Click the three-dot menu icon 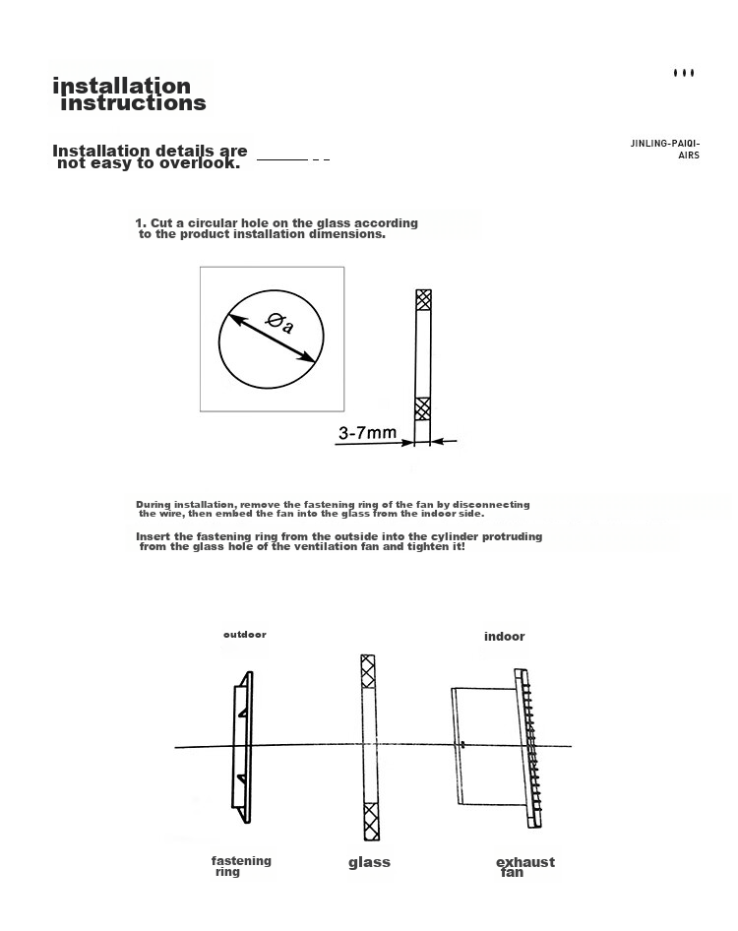[x=684, y=73]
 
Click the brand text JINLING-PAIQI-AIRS [x=665, y=149]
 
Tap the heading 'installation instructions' [x=130, y=94]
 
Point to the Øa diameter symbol [x=279, y=323]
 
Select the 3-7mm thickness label [x=367, y=432]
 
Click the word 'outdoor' [x=245, y=634]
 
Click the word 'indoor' [x=504, y=637]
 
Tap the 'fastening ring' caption [x=241, y=866]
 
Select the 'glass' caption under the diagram [x=369, y=862]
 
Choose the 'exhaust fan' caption [x=525, y=866]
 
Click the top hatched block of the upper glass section [x=423, y=300]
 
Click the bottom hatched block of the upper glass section [x=423, y=408]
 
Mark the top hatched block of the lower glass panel [x=368, y=671]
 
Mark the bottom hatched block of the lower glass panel [x=371, y=821]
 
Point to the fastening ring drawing [x=242, y=747]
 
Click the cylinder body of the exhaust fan [x=487, y=746]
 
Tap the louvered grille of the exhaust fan [x=530, y=748]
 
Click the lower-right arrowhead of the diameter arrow [x=307, y=356]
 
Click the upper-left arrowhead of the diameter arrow [x=237, y=320]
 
